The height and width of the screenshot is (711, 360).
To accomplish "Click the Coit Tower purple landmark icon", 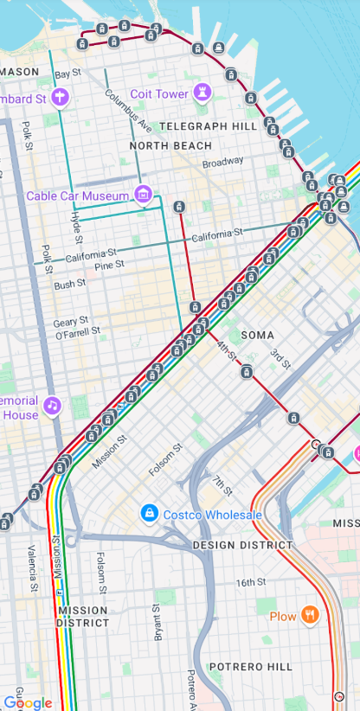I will (202, 93).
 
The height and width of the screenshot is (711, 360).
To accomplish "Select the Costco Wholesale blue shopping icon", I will (150, 514).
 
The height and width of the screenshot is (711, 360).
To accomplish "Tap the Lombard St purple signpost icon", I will (60, 97).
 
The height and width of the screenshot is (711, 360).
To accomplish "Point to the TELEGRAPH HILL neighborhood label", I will (208, 126).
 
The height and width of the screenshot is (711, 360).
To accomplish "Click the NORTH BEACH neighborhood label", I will (170, 145).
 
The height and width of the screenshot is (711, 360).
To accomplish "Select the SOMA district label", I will (257, 335).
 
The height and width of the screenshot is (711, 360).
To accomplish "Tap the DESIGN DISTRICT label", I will (242, 545).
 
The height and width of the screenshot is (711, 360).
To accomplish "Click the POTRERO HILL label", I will (250, 666).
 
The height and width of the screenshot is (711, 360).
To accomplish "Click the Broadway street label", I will (223, 162).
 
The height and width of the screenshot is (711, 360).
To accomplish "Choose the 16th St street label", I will (251, 582).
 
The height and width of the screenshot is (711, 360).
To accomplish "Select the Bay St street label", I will (67, 74).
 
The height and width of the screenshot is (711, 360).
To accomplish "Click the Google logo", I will (28, 702).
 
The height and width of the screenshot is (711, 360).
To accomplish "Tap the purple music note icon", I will (52, 405).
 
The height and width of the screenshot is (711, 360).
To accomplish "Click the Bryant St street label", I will (157, 623).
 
